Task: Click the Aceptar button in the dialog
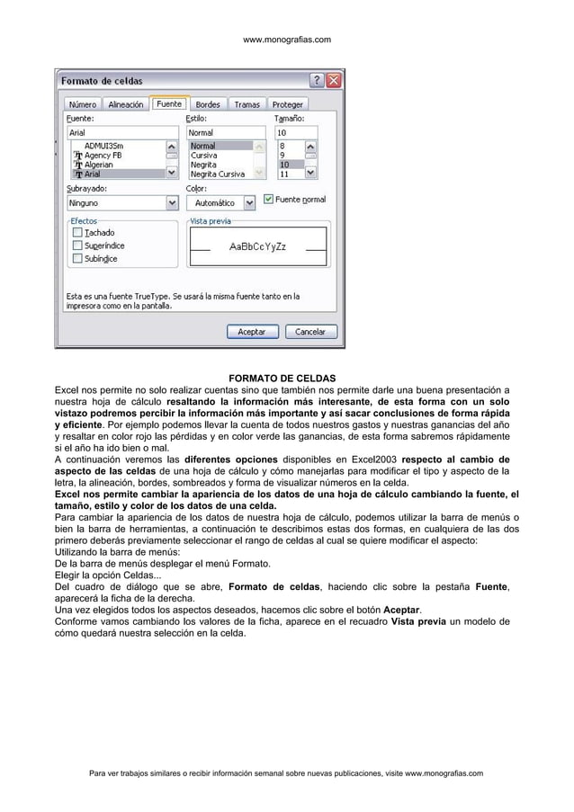pyautogui.click(x=251, y=332)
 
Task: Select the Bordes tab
pyautogui.click(x=207, y=104)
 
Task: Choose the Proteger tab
pyautogui.click(x=287, y=104)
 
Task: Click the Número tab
pyautogui.click(x=83, y=104)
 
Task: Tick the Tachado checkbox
pyautogui.click(x=77, y=232)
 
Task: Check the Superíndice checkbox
pyautogui.click(x=77, y=245)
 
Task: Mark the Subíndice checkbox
pyautogui.click(x=77, y=258)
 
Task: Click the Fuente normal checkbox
pyautogui.click(x=268, y=199)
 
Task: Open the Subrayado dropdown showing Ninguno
pyautogui.click(x=172, y=204)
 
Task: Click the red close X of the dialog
pyautogui.click(x=334, y=80)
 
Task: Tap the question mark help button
pyautogui.click(x=317, y=80)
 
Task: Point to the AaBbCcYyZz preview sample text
pyautogui.click(x=257, y=245)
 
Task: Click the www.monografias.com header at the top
pyautogui.click(x=287, y=40)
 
